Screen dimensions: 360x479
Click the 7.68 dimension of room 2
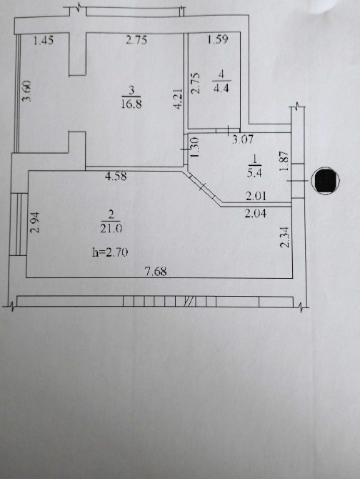156,271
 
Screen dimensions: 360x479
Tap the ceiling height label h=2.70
110,252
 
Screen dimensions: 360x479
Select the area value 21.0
111,228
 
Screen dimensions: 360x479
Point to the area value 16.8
131,104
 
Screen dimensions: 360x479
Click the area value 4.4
221,88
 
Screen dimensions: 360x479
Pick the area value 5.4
255,173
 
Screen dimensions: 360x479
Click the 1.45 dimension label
44,40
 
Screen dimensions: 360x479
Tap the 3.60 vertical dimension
27,91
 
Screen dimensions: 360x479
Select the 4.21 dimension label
178,99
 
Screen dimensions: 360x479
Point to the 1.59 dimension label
218,39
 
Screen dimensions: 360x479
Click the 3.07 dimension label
243,139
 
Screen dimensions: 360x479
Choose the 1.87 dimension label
284,162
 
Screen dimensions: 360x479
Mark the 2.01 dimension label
256,196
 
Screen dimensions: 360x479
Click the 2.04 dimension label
256,213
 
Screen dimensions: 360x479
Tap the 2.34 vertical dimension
285,237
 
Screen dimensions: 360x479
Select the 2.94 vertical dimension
36,222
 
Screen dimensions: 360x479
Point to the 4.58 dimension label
116,177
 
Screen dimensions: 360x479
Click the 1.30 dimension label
194,147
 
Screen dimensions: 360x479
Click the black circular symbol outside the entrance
326,181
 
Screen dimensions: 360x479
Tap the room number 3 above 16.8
131,90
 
